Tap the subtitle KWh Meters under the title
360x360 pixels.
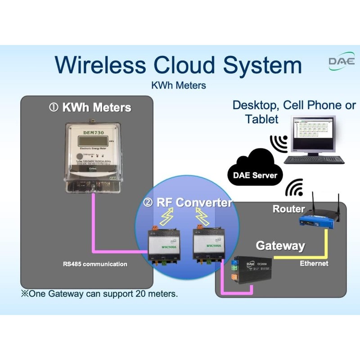(x=179, y=85)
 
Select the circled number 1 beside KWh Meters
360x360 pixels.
(x=54, y=108)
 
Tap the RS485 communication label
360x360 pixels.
(x=94, y=264)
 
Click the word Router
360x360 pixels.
(x=288, y=209)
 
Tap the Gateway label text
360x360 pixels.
(x=280, y=246)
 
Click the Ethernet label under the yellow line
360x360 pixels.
(x=314, y=263)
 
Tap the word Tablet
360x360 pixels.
(x=262, y=119)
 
